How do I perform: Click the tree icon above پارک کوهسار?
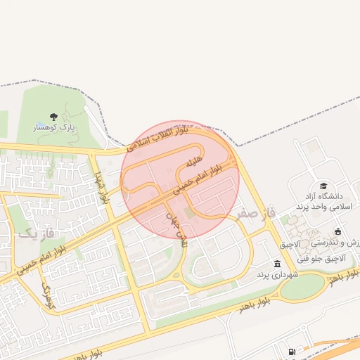click(54, 117)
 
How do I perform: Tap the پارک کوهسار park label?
click(54, 128)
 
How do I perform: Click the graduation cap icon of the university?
click(323, 186)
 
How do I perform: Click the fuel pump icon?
click(292, 352)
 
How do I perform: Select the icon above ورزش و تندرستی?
click(338, 231)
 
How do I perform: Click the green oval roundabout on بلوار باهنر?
click(310, 284)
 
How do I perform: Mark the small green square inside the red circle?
click(188, 212)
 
